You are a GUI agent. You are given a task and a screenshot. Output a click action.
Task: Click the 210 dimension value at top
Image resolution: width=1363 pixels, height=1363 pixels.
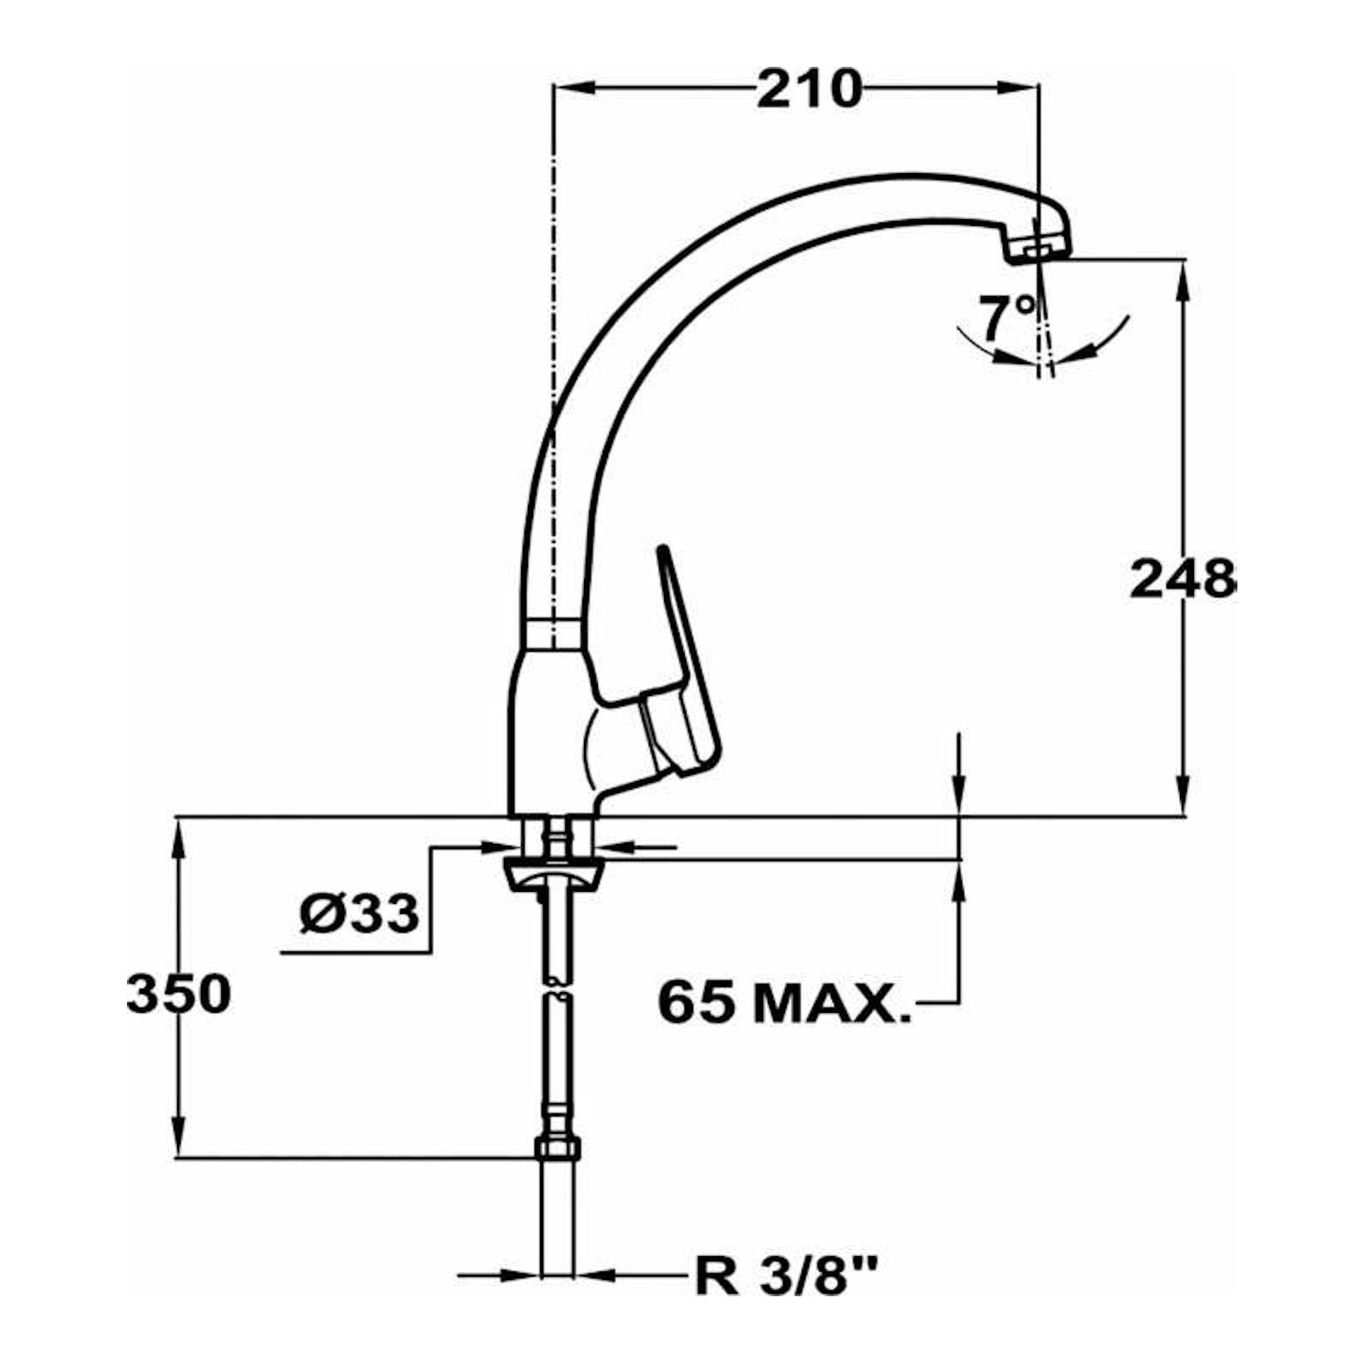click(809, 89)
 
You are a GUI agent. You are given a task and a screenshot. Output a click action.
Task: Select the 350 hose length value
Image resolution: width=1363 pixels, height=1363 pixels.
click(178, 994)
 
